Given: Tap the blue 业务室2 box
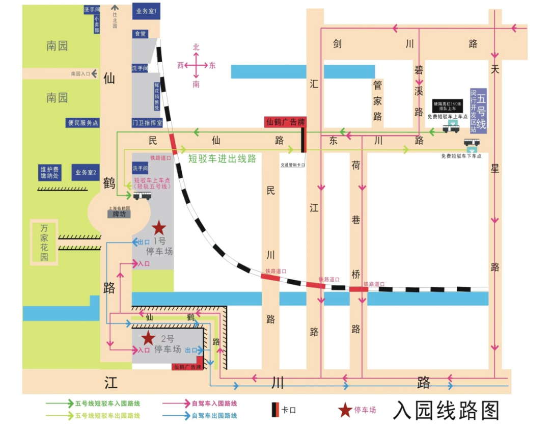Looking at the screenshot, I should coord(86,173).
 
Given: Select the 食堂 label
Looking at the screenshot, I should coord(140,34).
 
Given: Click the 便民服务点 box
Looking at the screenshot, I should coord(84,123).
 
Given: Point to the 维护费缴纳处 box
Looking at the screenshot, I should coord(50,172).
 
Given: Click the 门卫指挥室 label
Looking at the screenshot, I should coord(147,123).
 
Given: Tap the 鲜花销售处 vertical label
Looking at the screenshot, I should coord(157,96).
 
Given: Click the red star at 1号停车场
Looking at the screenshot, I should coord(159,228).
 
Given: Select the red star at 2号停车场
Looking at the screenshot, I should coord(148,337).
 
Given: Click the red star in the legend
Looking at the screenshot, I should coord(345,409).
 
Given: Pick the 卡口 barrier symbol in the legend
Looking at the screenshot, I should coord(274,409).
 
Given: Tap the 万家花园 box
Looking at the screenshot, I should coord(44,243).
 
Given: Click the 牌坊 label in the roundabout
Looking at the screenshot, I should coord(119,214).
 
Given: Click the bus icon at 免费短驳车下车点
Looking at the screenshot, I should coord(472,142).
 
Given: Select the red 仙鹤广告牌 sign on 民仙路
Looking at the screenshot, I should coord(285,122).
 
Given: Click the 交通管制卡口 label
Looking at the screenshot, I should coord(293,165).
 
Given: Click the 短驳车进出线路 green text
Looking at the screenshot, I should coord(222,158).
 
